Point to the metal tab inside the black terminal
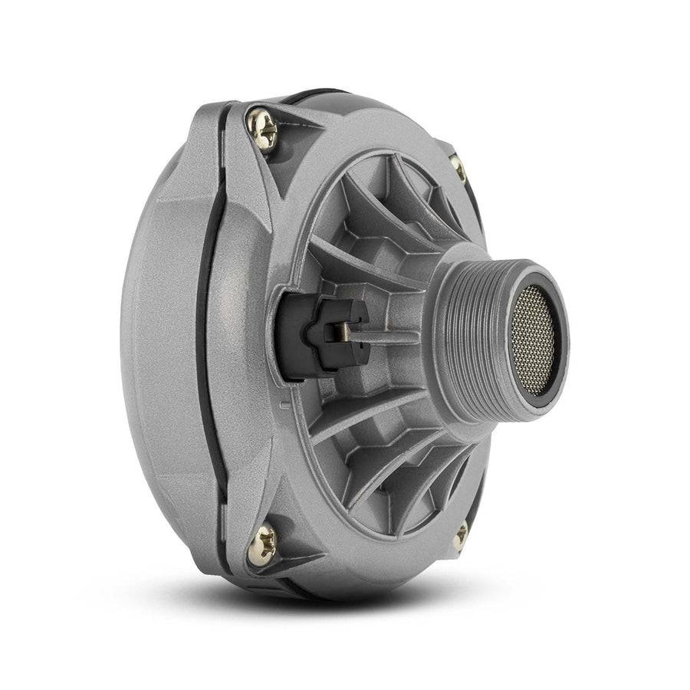343,331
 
